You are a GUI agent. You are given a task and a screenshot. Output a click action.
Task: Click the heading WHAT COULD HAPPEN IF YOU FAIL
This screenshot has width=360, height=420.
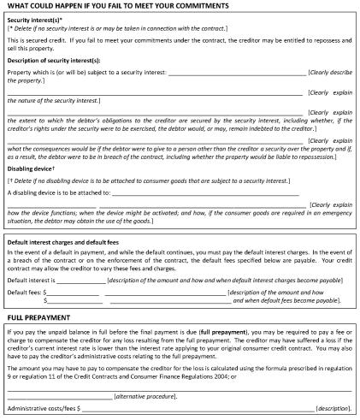117,6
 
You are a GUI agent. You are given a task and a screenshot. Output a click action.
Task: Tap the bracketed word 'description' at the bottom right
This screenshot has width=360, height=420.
332,409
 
